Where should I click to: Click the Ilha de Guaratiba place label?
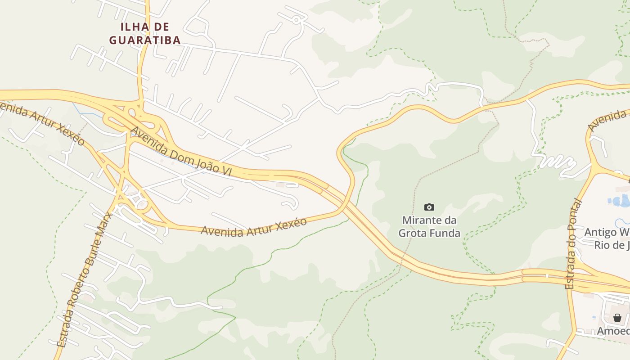click(145, 33)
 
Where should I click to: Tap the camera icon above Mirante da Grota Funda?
click(429, 207)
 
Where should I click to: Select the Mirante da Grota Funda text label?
click(429, 227)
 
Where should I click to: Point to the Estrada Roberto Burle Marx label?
click(85, 279)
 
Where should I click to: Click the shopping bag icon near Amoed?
click(617, 318)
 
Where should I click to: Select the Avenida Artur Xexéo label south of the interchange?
click(254, 226)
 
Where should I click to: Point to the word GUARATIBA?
click(145, 40)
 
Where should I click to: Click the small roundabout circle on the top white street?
click(296, 20)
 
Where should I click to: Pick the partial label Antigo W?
click(607, 233)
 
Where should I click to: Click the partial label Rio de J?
click(611, 245)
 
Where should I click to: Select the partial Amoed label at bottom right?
click(613, 331)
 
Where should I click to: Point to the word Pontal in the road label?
click(574, 218)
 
